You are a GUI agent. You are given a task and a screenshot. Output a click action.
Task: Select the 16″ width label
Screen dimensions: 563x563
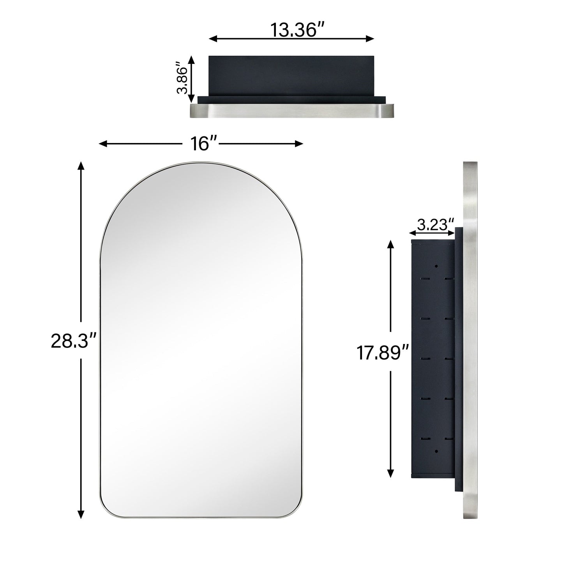pos(200,144)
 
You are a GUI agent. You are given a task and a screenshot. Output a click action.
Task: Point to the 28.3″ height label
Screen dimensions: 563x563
pos(73,341)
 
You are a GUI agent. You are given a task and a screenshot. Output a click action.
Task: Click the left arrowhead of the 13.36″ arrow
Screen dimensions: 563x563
pos(212,39)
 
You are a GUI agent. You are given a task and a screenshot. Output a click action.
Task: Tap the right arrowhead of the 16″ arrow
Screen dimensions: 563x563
pos(300,144)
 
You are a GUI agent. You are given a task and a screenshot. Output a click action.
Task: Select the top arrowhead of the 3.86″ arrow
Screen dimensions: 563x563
pos(191,59)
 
